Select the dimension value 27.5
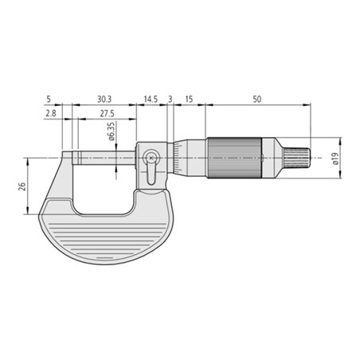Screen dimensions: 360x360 pos(106,114)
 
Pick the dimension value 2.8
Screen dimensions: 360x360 pos(50,114)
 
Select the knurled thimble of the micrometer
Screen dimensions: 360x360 pos(236,158)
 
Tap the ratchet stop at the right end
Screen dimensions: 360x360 pos(296,158)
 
